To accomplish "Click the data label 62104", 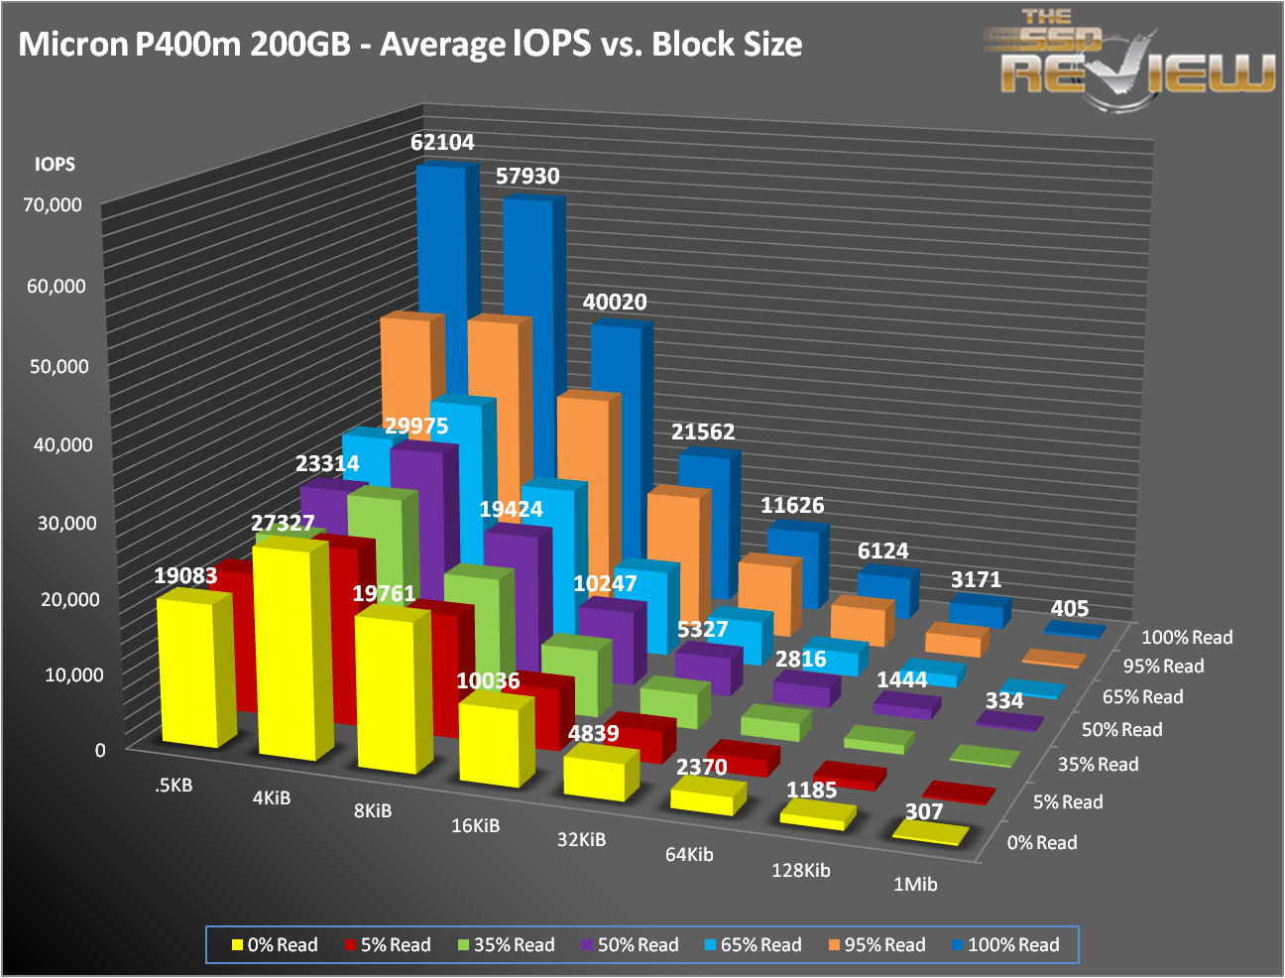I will pos(442,143).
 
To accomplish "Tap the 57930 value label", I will pos(527,177).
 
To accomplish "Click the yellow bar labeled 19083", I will pos(187,670).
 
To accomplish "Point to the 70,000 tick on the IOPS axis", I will pos(55,205).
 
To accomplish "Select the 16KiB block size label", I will pos(475,825).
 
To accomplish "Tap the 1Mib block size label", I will pos(914,884).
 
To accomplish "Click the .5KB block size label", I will pos(174,786).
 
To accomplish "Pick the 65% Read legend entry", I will pos(753,945).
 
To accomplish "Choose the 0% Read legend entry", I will pos(275,945).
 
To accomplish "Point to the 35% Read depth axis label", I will pos(1098,765).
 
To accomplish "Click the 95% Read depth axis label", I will pos(1163,667).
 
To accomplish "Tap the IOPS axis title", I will pos(55,165).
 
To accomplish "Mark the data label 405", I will pos(1070,609).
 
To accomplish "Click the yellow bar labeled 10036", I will pos(489,744).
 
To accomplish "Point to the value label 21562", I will pos(703,432).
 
